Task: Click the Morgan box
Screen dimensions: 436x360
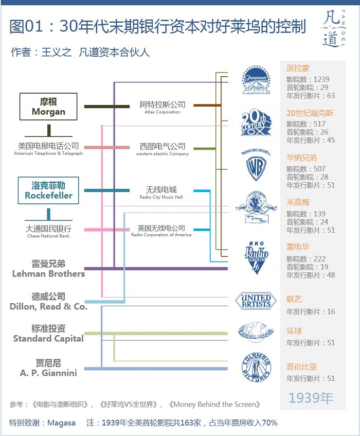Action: (x=48, y=107)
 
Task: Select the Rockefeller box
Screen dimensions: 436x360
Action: (x=48, y=190)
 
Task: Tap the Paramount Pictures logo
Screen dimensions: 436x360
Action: (x=256, y=80)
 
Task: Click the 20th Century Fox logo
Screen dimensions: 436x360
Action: (x=256, y=124)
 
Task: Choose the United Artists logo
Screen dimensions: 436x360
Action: (x=256, y=301)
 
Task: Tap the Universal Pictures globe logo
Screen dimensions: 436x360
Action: (x=256, y=332)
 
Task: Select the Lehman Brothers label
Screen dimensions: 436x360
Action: (x=48, y=269)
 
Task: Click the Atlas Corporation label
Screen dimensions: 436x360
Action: (x=163, y=108)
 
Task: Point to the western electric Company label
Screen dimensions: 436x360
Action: (x=163, y=149)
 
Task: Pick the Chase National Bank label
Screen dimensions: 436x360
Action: (x=48, y=232)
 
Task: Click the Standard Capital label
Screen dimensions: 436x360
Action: (x=48, y=334)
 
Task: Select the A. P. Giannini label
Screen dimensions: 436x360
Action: (x=48, y=368)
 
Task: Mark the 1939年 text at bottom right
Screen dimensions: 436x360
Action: (x=311, y=398)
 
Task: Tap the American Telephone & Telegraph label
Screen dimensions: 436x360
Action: (x=48, y=149)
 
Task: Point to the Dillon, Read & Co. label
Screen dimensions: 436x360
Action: (x=48, y=302)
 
